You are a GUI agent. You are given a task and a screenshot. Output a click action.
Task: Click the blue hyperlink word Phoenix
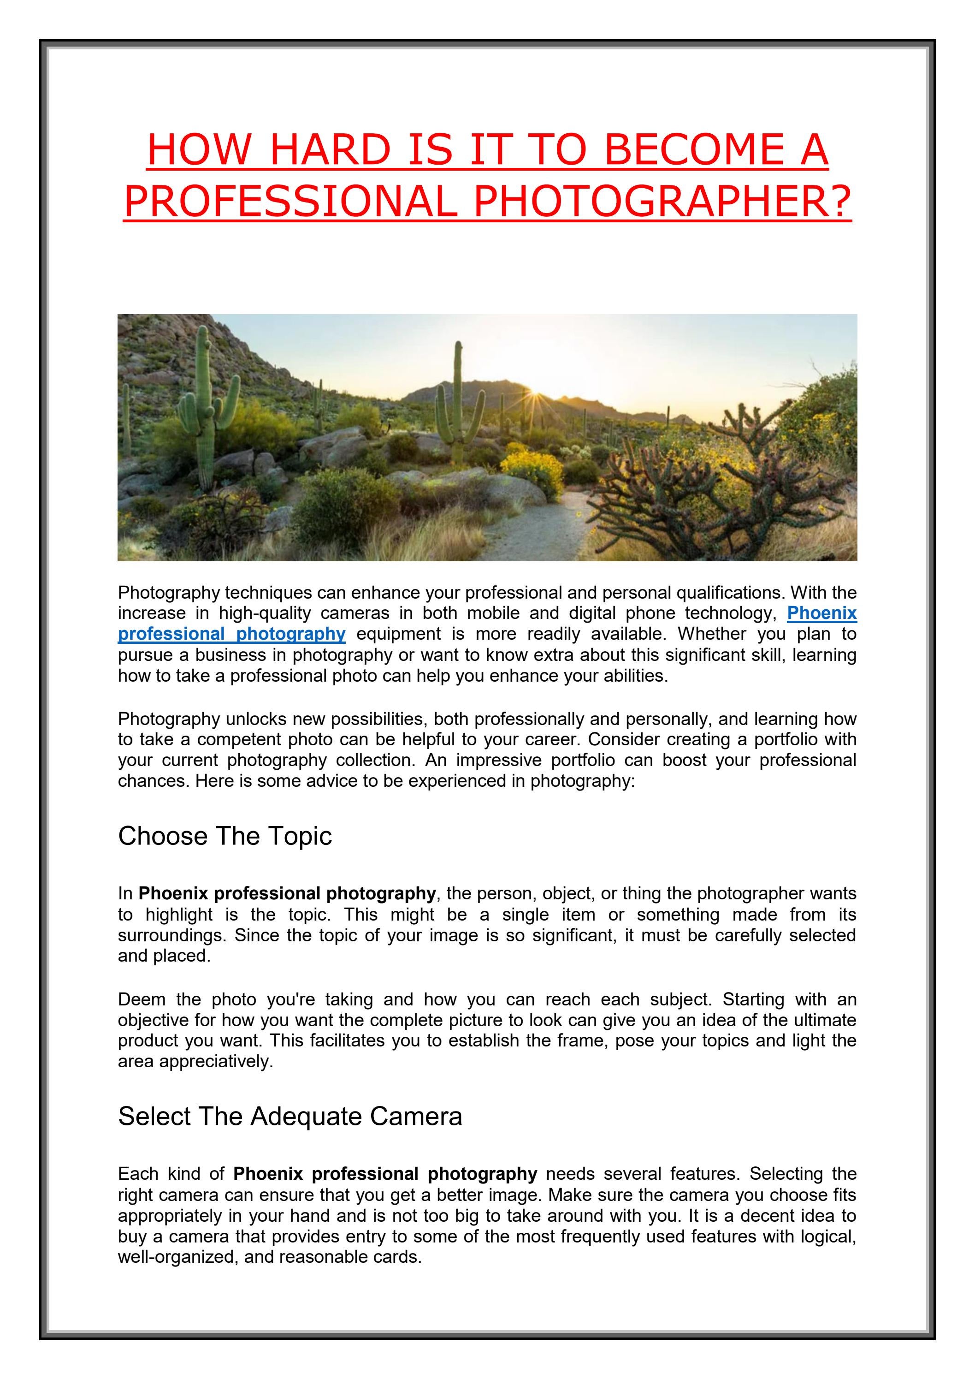(821, 613)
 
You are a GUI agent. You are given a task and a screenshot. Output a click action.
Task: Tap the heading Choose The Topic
(225, 836)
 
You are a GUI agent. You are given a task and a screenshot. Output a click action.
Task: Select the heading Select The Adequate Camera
(290, 1117)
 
